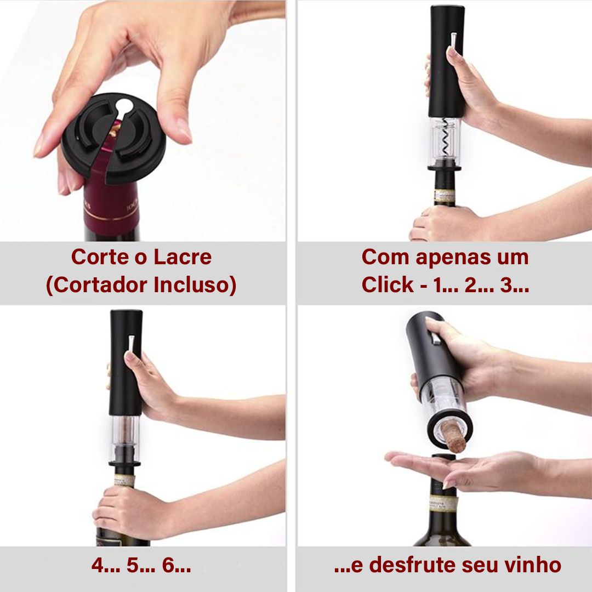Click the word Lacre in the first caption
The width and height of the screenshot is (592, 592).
pyautogui.click(x=183, y=257)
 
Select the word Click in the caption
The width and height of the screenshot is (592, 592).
pyautogui.click(x=388, y=284)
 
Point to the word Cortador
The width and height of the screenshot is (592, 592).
pyautogui.click(x=100, y=285)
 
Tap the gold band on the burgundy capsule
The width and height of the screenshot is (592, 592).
pyautogui.click(x=111, y=218)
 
